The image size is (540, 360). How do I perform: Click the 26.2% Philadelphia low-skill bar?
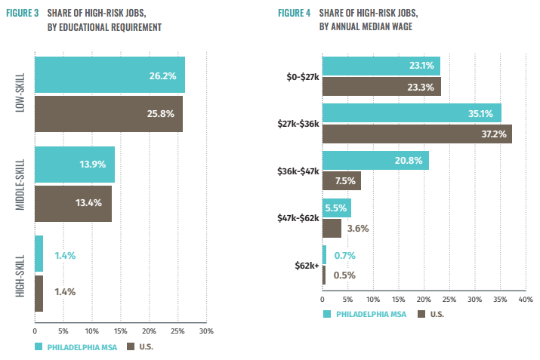click(x=110, y=75)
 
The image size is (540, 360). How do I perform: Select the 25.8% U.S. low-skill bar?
click(x=109, y=114)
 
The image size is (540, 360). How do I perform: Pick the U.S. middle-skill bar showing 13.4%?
click(x=73, y=204)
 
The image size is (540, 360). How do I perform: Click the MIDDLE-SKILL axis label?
click(x=20, y=184)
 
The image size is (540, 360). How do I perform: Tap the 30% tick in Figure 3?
click(x=206, y=331)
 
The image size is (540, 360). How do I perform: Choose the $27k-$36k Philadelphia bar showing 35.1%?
click(x=412, y=114)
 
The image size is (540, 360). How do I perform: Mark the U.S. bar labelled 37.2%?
click(x=417, y=134)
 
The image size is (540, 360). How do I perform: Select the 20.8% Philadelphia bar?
click(x=375, y=161)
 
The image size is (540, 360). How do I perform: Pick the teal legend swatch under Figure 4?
click(x=326, y=313)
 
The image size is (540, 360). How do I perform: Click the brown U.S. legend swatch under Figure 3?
click(x=131, y=346)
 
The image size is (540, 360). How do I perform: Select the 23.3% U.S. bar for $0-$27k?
click(x=381, y=86)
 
